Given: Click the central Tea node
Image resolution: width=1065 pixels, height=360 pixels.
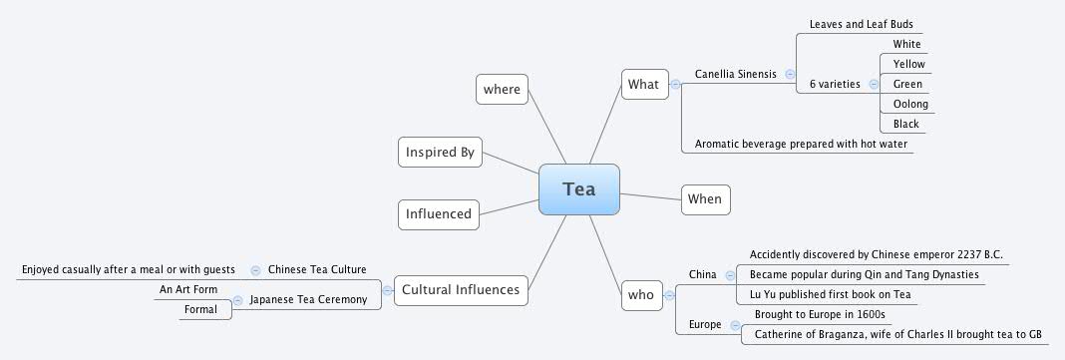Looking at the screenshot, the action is pyautogui.click(x=578, y=189).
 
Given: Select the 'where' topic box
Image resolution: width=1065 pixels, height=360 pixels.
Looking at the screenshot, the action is pyautogui.click(x=502, y=90).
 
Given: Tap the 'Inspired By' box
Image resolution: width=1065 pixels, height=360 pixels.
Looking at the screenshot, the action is pyautogui.click(x=439, y=153).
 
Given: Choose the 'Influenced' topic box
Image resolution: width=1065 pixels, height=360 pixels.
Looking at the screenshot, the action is pyautogui.click(x=438, y=213).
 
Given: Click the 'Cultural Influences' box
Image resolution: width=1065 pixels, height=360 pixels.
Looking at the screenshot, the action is pyautogui.click(x=460, y=290).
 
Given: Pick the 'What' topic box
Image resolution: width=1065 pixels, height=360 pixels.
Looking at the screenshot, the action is pyautogui.click(x=643, y=85).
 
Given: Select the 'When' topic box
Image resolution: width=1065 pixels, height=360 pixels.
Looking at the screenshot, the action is pyautogui.click(x=704, y=199).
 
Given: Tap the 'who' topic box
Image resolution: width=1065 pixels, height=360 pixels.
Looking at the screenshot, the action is pyautogui.click(x=640, y=294).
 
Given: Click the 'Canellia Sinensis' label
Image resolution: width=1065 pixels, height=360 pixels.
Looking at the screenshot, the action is pyautogui.click(x=736, y=74).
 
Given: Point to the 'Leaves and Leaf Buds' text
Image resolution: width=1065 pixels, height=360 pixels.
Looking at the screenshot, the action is pyautogui.click(x=862, y=24).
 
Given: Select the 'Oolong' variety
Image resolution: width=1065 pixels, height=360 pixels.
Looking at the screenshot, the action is pyautogui.click(x=910, y=105).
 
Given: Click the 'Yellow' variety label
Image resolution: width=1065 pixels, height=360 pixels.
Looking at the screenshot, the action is pyautogui.click(x=908, y=65).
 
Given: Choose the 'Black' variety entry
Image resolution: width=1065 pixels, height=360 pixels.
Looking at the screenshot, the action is pyautogui.click(x=906, y=125).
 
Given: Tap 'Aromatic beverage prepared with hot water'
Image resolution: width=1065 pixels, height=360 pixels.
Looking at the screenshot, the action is pyautogui.click(x=795, y=145).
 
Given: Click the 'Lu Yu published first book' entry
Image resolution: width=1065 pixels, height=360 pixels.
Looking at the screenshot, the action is pyautogui.click(x=830, y=295).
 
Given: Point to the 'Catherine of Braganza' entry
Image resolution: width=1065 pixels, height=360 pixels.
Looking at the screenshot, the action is pyautogui.click(x=897, y=335).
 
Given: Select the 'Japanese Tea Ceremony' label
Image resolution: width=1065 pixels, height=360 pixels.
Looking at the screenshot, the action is pyautogui.click(x=308, y=299).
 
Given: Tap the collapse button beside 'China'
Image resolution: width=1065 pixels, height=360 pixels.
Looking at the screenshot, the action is pyautogui.click(x=730, y=274).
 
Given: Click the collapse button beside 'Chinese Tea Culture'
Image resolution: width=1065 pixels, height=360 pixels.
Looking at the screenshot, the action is pyautogui.click(x=255, y=269).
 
